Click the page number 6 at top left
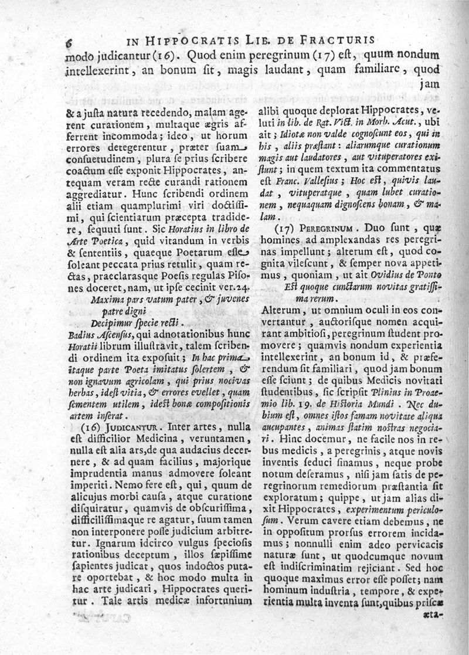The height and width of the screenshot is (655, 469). [69, 42]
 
